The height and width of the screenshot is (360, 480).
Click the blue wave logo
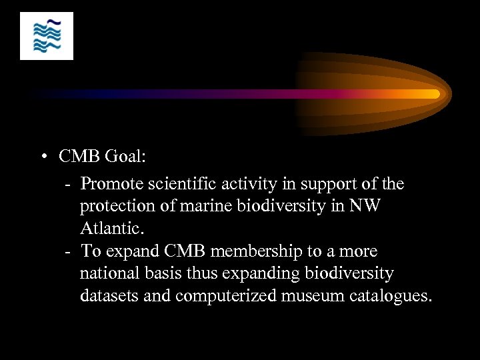coord(46,35)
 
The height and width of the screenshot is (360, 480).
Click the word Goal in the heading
coord(123,157)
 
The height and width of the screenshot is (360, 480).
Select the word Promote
coord(113,183)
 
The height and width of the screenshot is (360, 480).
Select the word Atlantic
coord(111,229)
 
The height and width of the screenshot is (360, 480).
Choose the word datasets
coord(109,296)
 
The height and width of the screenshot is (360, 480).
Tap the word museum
coord(311,296)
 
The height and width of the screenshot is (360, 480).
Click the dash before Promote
coord(69,184)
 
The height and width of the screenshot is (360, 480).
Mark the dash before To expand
coord(69,252)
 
